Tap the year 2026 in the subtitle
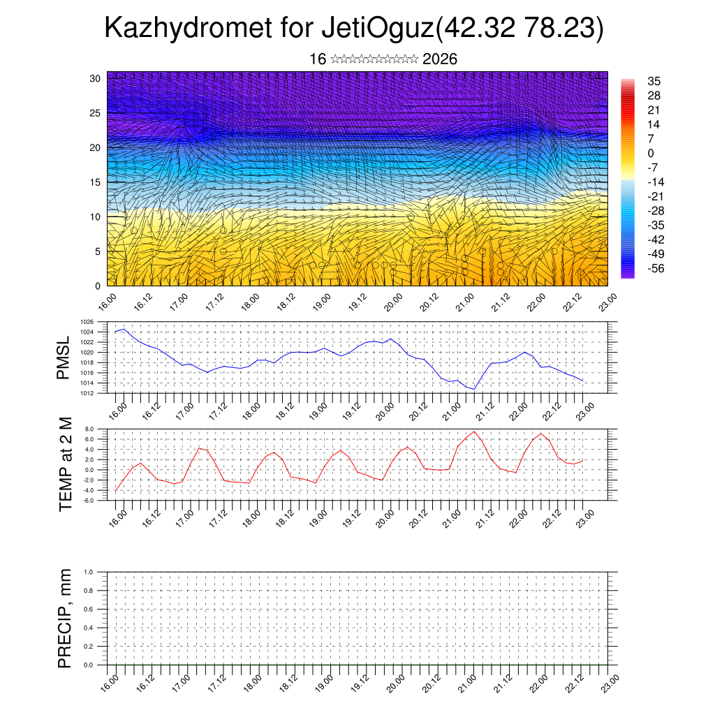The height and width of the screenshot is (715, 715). point(440,59)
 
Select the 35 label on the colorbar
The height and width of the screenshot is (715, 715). point(654,81)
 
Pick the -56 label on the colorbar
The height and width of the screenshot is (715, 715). point(656,268)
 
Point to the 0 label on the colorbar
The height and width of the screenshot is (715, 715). point(651,154)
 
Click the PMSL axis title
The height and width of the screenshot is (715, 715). point(64,357)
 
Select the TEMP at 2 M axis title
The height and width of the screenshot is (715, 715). point(66,464)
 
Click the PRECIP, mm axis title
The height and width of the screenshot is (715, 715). point(66,618)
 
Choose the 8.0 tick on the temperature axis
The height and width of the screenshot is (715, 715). point(89,429)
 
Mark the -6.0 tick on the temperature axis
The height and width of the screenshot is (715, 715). point(89,501)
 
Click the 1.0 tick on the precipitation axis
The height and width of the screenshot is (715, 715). point(89,572)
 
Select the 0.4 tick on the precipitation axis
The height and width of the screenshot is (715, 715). point(89,628)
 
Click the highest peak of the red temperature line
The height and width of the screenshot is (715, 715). point(475,431)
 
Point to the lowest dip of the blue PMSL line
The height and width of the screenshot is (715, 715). point(474,389)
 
